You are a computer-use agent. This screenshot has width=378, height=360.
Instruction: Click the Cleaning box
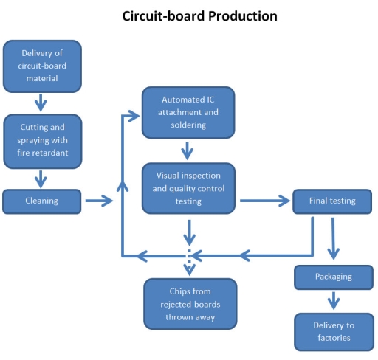41,201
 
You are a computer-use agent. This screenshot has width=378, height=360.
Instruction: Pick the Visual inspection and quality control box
189,189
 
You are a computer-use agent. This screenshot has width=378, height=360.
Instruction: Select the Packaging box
334,277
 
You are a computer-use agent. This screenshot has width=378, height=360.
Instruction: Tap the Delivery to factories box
334,331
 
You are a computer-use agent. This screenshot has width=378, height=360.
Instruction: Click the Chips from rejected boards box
190,302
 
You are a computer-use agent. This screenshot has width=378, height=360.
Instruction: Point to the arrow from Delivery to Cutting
41,100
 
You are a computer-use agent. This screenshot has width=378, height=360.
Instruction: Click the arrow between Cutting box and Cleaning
41,177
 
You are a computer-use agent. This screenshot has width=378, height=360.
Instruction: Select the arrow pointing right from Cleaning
98,201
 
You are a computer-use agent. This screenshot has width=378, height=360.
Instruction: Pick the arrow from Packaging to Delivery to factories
334,300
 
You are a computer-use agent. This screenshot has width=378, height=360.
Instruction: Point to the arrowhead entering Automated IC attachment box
134,114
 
